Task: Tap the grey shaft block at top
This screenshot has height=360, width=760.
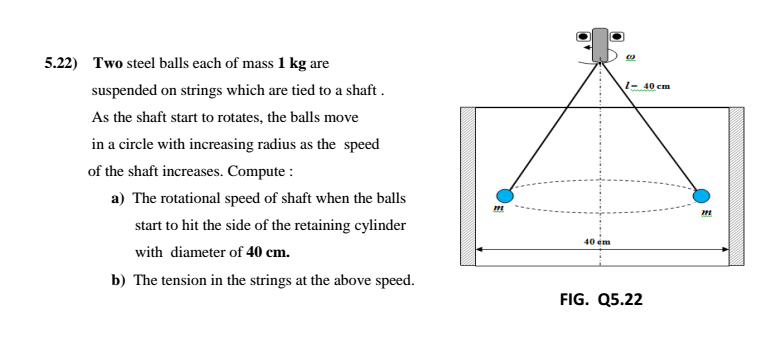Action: [602, 41]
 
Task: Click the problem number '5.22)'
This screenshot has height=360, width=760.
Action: [62, 63]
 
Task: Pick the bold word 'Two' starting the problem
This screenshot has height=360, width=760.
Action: [106, 63]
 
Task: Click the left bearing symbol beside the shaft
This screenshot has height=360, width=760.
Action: [583, 36]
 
